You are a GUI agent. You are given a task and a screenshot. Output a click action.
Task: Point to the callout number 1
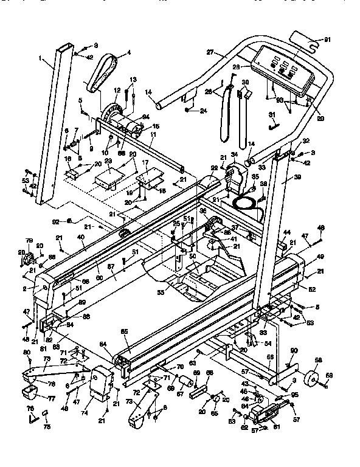[41, 60]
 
